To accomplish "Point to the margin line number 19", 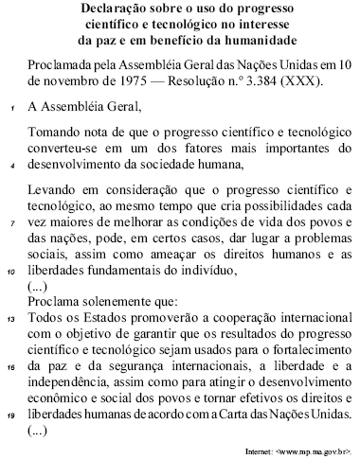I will pyautogui.click(x=11, y=414).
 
